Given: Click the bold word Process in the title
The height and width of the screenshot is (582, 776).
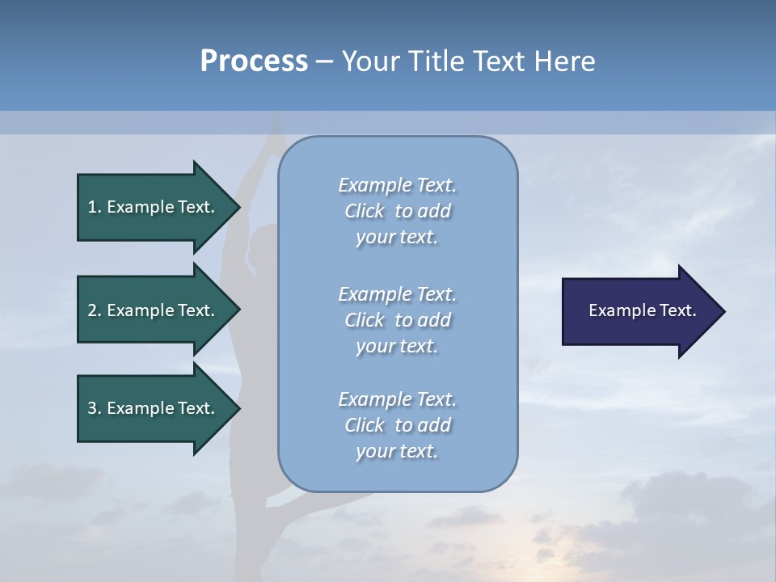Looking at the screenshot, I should tap(254, 61).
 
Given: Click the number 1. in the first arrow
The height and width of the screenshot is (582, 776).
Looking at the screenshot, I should tap(95, 207).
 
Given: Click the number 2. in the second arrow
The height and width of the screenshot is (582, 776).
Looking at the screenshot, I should tap(95, 310).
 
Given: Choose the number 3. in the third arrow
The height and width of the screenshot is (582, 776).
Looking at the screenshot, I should tap(95, 408).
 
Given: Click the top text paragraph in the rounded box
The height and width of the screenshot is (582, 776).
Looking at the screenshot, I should tap(397, 211).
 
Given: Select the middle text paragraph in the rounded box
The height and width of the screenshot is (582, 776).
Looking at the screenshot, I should tap(397, 319).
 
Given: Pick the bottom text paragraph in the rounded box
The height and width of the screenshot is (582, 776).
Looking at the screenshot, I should tap(397, 424).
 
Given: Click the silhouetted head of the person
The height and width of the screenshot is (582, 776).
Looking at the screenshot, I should tap(263, 245).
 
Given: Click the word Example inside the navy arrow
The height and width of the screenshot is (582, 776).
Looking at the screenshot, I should tap(617, 310).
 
